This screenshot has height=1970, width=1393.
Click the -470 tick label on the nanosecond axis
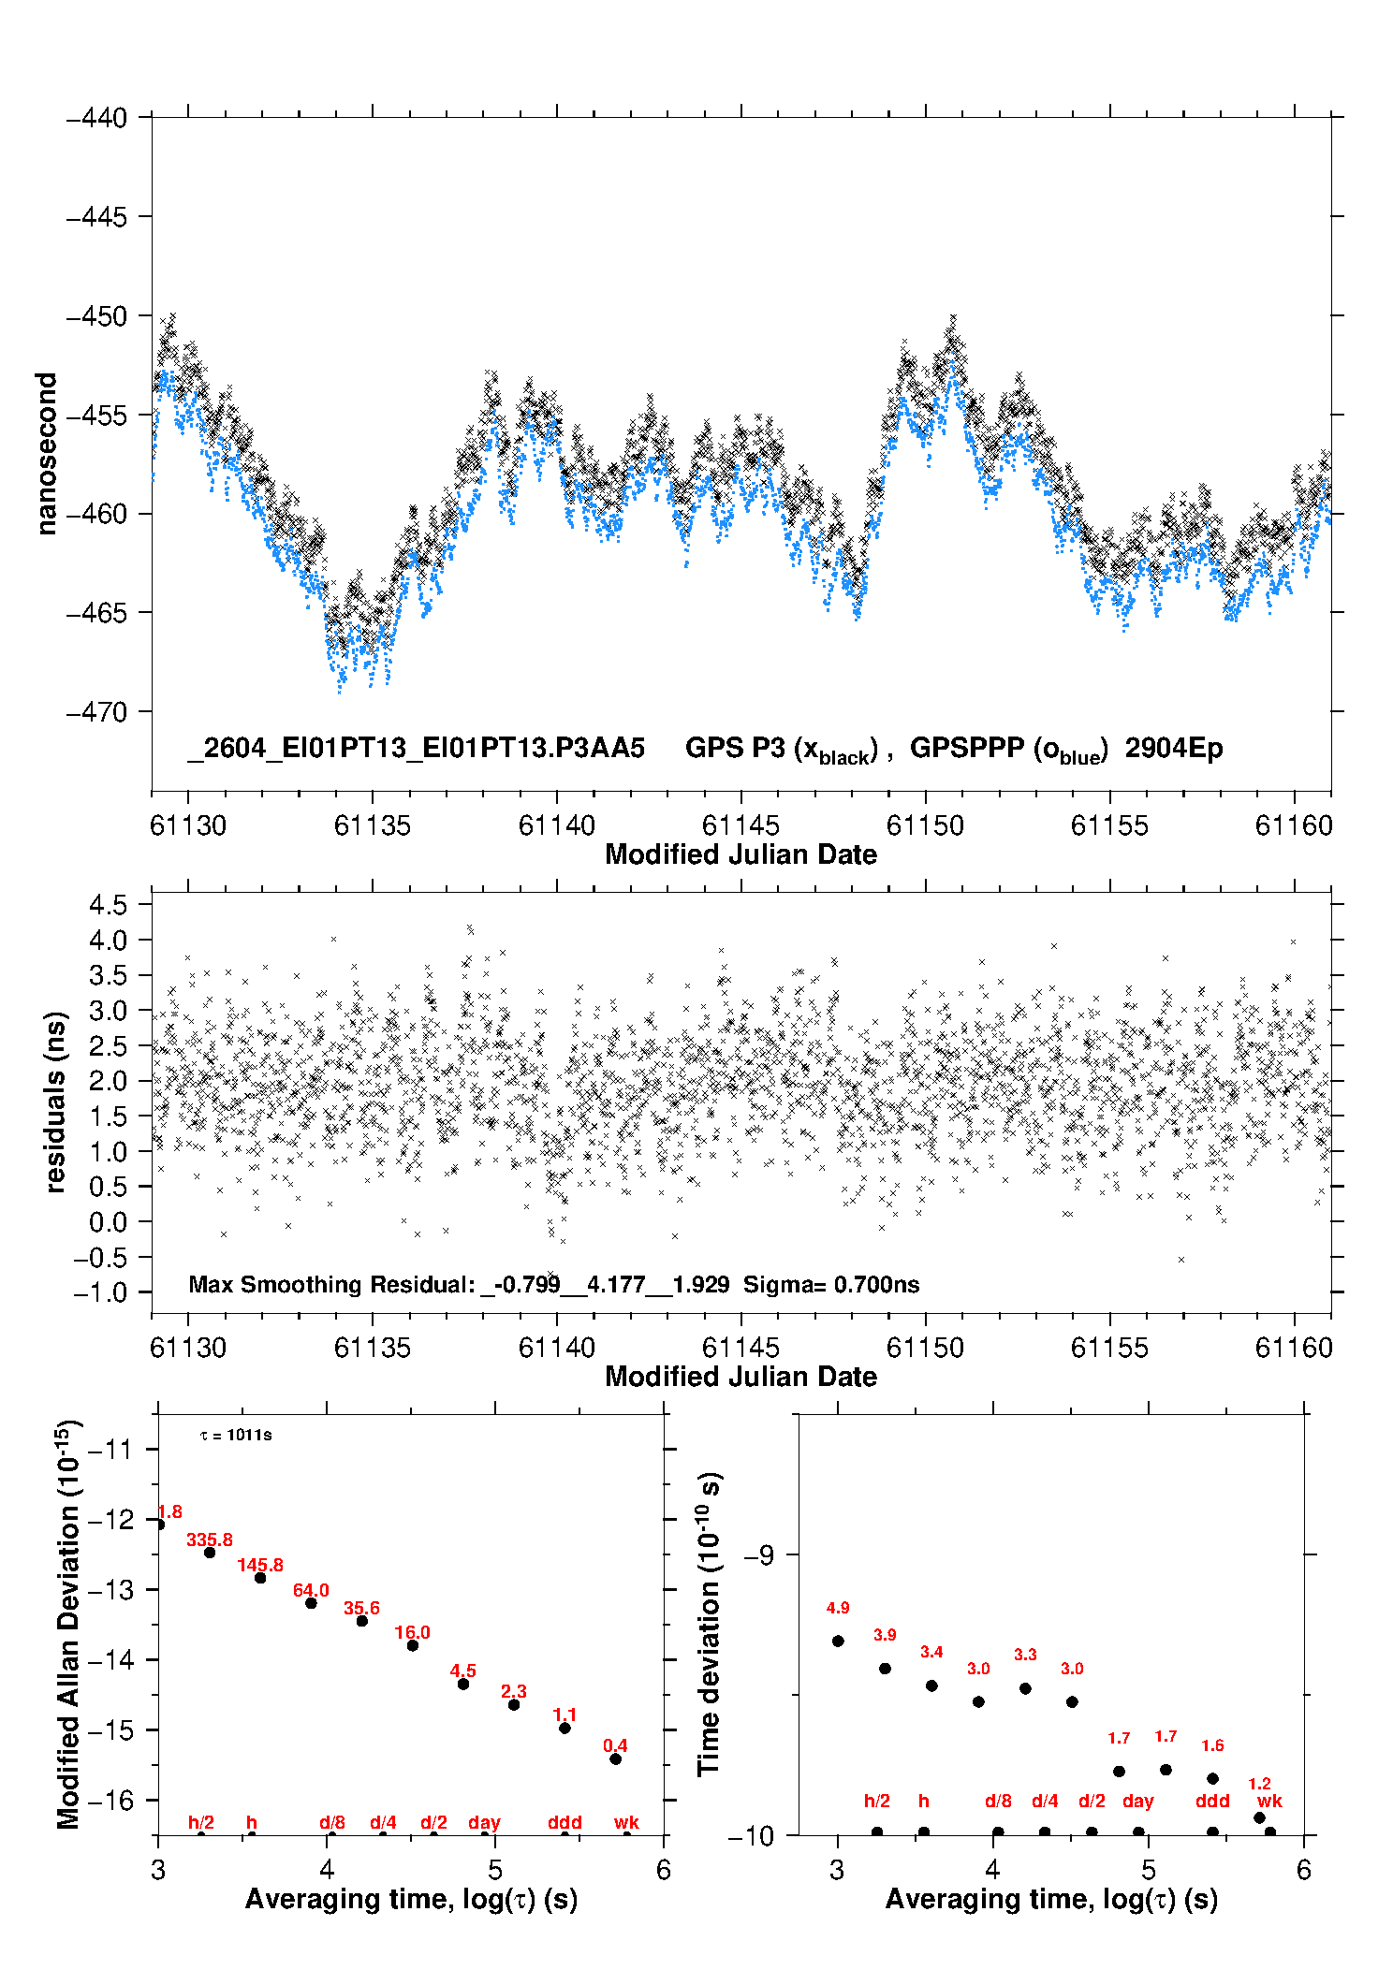pos(96,712)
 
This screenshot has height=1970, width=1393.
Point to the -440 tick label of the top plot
pos(96,118)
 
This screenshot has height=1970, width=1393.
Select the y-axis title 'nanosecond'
pos(46,454)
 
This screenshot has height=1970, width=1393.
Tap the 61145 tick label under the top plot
pos(740,825)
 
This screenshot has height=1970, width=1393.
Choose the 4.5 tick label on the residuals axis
pos(108,905)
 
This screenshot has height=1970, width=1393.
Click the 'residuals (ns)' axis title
pos(55,1102)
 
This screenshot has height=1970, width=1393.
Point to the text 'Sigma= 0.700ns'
pos(831,1284)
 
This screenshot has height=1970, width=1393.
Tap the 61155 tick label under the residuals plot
pos(1109,1348)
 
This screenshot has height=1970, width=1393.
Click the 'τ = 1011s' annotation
pos(236,1435)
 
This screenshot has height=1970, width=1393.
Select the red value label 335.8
pos(210,1540)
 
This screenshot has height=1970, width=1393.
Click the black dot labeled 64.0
pos(311,1603)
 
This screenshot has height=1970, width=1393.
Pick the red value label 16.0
pos(412,1632)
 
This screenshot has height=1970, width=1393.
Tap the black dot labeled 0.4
pos(615,1758)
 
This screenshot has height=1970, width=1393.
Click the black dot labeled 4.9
pos(838,1641)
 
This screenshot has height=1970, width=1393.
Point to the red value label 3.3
pos(1025,1655)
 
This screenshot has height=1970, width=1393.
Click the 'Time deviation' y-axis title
pos(711,1624)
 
